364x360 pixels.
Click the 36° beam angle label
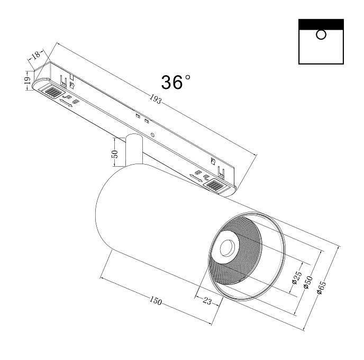(x=176, y=82)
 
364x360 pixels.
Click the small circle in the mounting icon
(x=321, y=35)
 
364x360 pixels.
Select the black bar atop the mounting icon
(x=321, y=24)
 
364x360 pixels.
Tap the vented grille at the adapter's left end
(x=51, y=92)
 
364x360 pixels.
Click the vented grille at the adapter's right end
(x=216, y=185)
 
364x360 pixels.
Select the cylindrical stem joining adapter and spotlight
(x=133, y=151)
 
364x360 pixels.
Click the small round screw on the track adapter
(x=153, y=134)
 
